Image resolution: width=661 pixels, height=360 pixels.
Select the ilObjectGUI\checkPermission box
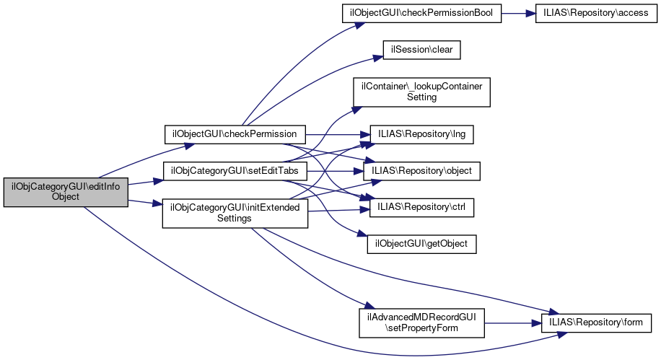tap(235, 134)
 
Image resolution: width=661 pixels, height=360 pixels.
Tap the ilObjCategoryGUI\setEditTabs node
tap(235, 172)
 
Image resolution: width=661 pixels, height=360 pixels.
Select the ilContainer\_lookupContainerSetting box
tap(421, 91)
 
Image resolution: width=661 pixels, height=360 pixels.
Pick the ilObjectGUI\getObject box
tap(421, 244)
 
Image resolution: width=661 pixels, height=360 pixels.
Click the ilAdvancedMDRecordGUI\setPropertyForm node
tap(421, 322)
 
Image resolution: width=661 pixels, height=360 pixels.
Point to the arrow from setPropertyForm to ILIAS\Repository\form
tap(513, 322)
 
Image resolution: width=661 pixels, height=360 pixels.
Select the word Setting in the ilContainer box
tap(421, 97)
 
